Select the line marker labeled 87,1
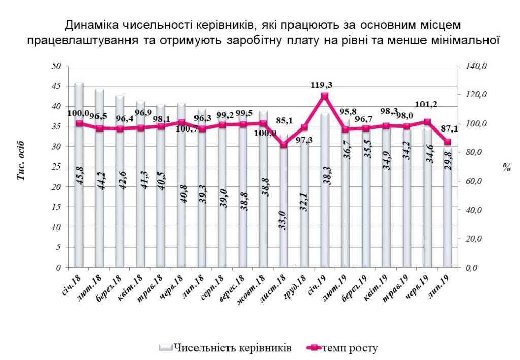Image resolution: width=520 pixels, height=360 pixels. pos(447,142)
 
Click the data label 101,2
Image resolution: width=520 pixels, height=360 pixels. pos(427,105)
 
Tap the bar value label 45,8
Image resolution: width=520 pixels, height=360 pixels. pos(80,173)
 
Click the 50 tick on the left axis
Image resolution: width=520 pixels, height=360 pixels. pos(57,66)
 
